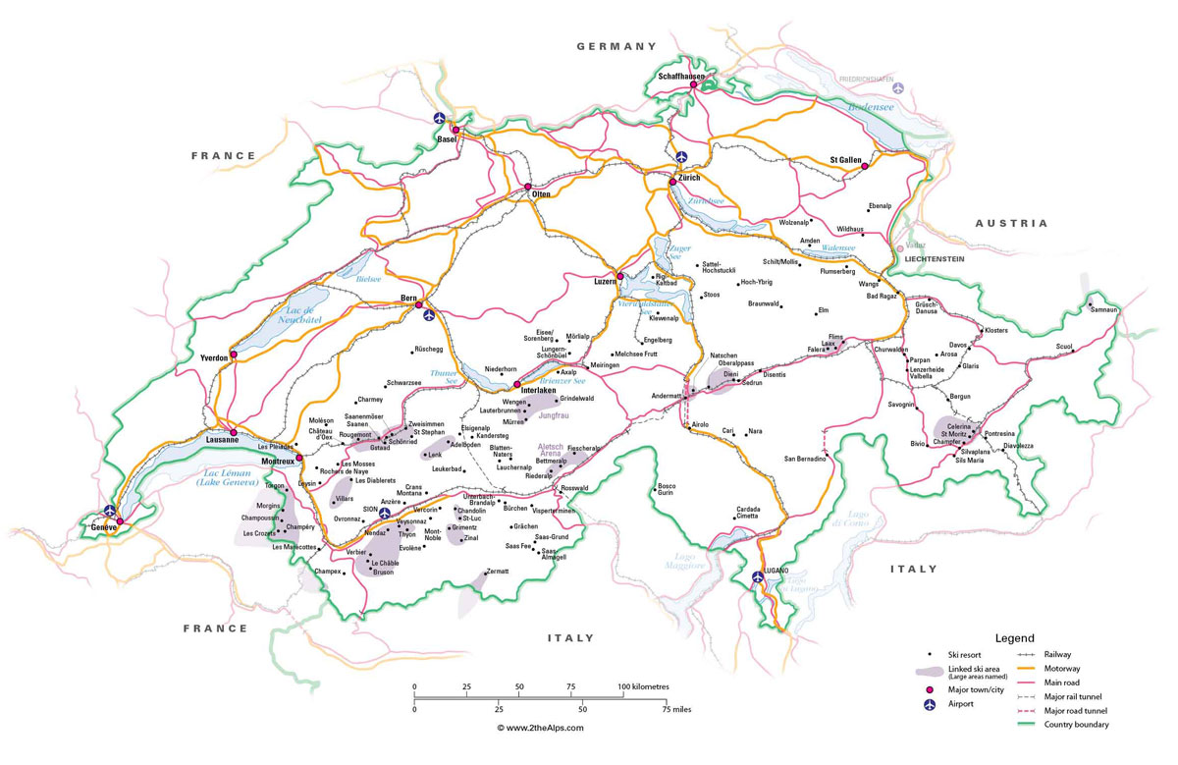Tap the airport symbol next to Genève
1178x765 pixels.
[110, 511]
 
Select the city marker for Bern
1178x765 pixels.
[419, 304]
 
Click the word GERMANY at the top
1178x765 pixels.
[616, 46]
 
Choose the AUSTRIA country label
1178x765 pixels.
[1011, 224]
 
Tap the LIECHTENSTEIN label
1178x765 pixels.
[935, 258]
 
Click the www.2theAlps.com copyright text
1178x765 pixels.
[540, 728]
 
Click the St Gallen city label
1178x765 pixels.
[845, 159]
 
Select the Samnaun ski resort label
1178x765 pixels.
[1104, 309]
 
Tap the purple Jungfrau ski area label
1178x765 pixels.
[555, 416]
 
